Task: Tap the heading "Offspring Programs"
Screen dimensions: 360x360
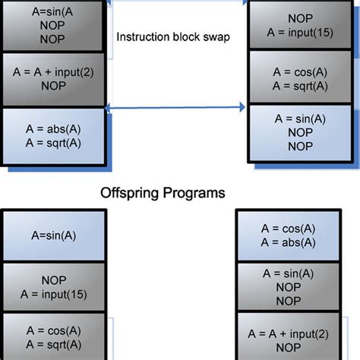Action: pyautogui.click(x=163, y=193)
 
